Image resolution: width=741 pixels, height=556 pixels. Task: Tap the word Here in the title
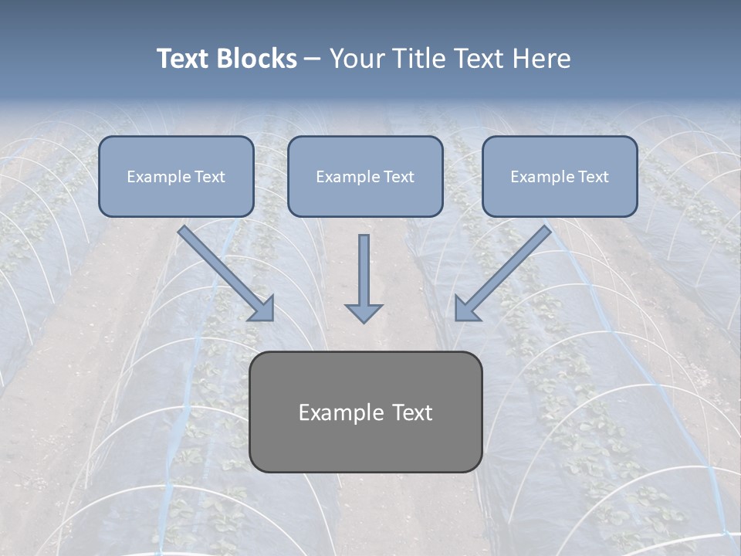tap(542, 59)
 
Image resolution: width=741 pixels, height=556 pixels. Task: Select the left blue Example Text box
tap(176, 176)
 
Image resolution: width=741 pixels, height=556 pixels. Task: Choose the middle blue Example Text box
tap(365, 176)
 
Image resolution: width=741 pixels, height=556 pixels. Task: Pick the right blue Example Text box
tap(560, 176)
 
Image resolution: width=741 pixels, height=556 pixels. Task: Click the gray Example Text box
tap(365, 412)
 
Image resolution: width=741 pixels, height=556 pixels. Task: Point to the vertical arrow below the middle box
tap(364, 274)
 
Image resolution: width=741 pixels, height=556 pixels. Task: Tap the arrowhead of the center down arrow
tap(364, 312)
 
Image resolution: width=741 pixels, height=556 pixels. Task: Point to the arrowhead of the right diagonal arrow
tap(466, 308)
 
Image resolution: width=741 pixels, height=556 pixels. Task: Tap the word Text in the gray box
tap(412, 412)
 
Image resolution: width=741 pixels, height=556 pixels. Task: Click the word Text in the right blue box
tap(593, 177)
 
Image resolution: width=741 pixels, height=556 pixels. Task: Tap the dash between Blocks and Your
tap(313, 59)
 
